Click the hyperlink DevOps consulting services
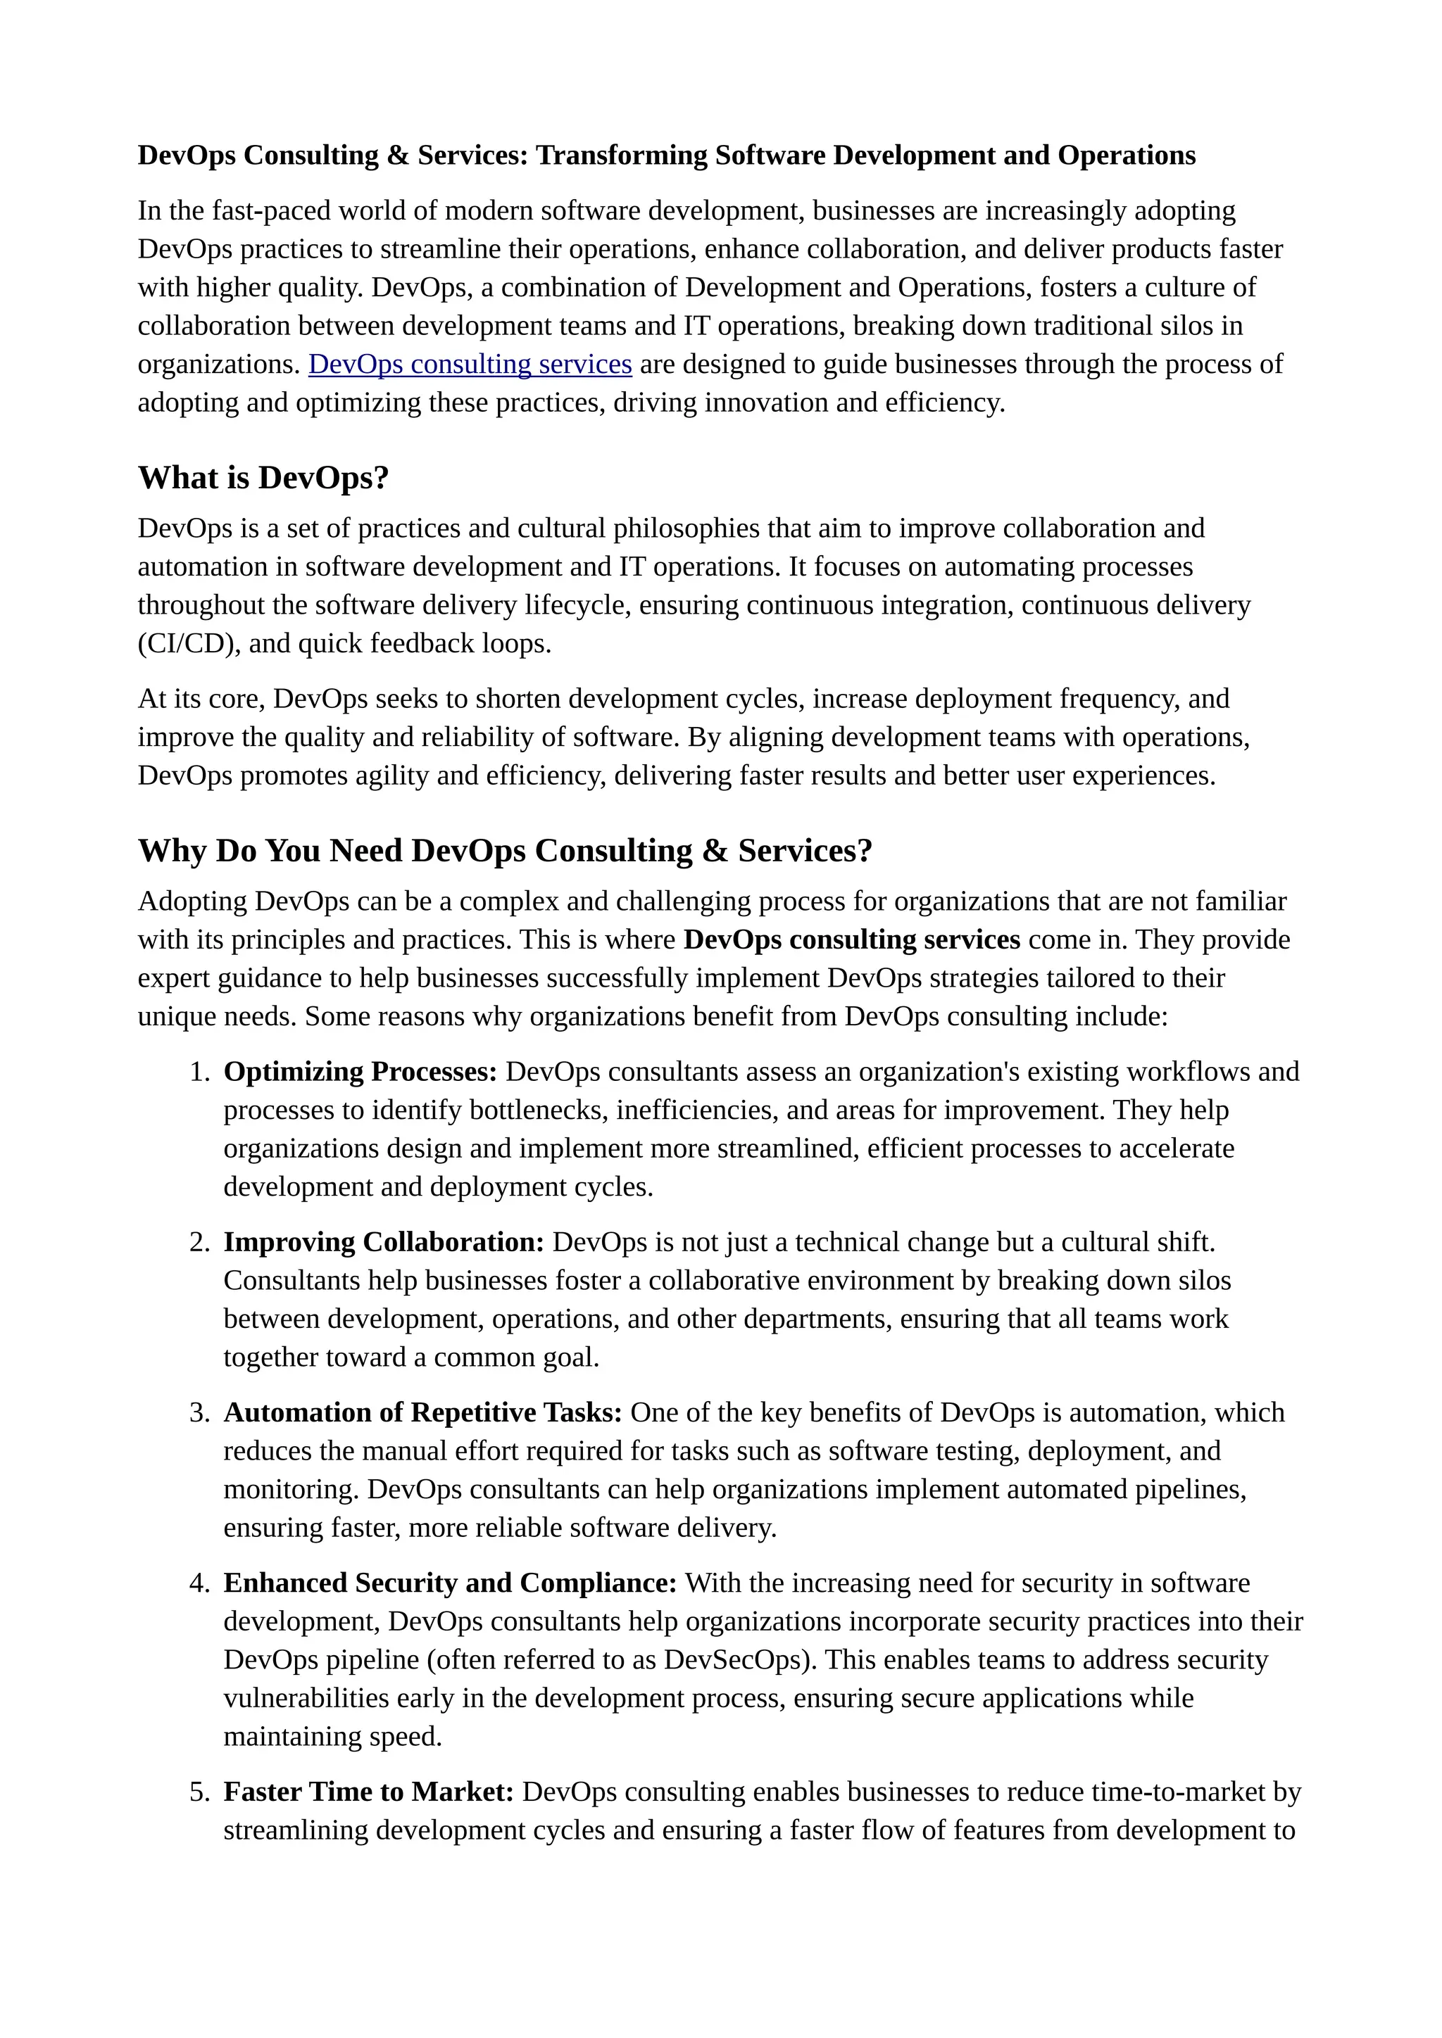470,364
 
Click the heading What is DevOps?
263,478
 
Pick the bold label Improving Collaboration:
383,1242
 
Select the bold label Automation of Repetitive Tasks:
422,1412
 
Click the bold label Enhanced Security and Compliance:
449,1583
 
